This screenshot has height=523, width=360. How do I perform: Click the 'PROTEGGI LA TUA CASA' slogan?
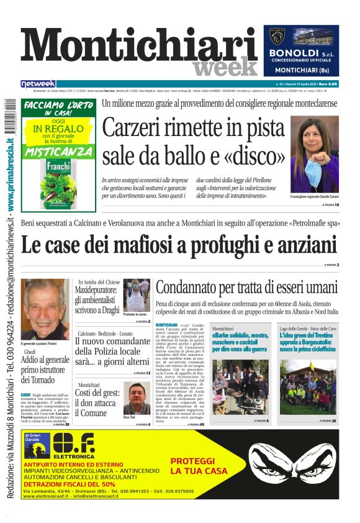193,466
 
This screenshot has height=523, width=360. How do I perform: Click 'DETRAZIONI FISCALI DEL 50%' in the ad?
69,483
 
